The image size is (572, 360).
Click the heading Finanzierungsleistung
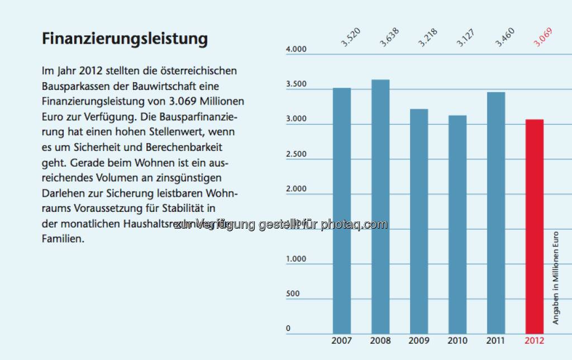(x=125, y=39)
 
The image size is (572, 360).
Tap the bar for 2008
(x=380, y=206)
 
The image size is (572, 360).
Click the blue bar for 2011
(x=496, y=212)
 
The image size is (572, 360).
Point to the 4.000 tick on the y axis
(x=296, y=50)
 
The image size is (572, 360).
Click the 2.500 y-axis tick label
(x=296, y=154)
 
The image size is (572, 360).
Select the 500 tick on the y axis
(x=293, y=294)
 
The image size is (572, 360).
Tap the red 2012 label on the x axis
(x=535, y=340)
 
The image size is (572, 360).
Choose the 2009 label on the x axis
(x=419, y=340)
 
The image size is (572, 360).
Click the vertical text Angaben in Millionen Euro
(x=556, y=277)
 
